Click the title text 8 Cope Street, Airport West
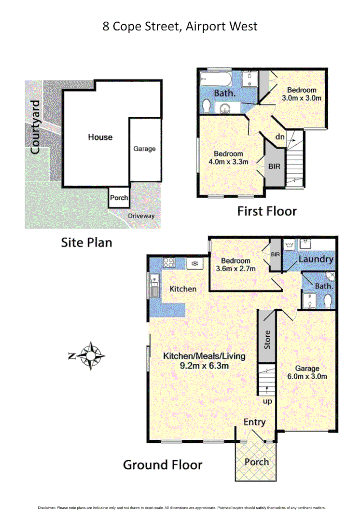pyautogui.click(x=180, y=26)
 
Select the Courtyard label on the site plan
pyautogui.click(x=34, y=127)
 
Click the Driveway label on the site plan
pyautogui.click(x=141, y=216)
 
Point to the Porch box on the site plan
pyautogui.click(x=119, y=198)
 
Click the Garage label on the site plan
pyautogui.click(x=144, y=149)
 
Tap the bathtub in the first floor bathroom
pyautogui.click(x=220, y=78)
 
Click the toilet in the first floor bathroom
pyautogui.click(x=206, y=105)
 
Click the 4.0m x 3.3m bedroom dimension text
pyautogui.click(x=231, y=162)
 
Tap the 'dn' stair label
pyautogui.click(x=280, y=137)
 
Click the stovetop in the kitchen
pyautogui.click(x=169, y=263)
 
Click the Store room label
pyautogui.click(x=267, y=340)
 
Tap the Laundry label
pyautogui.click(x=316, y=259)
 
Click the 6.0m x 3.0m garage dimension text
pyautogui.click(x=307, y=376)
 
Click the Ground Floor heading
pyautogui.click(x=162, y=465)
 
